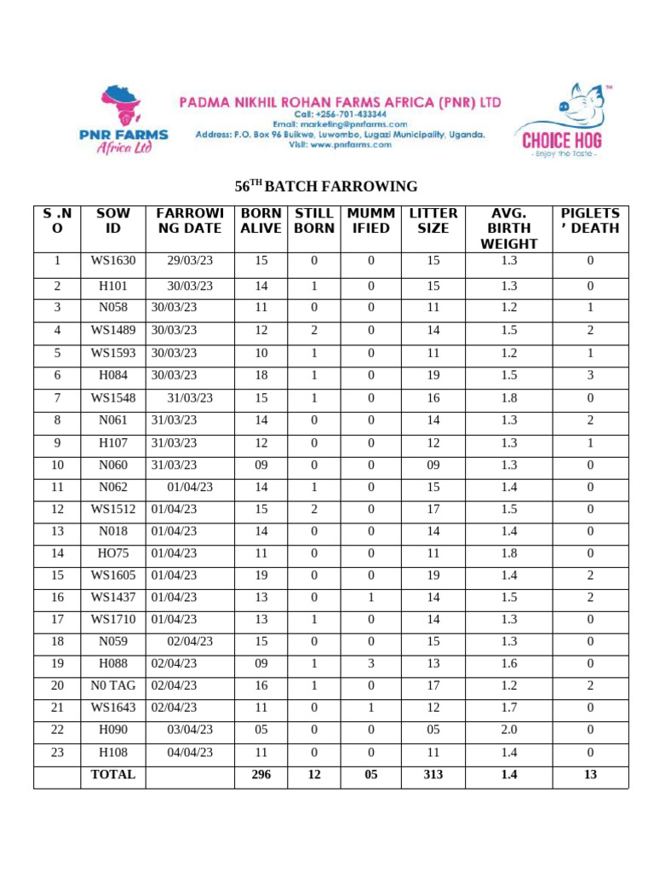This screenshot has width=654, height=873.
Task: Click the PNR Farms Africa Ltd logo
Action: click(123, 119)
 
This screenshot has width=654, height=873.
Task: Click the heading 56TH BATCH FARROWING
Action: click(326, 187)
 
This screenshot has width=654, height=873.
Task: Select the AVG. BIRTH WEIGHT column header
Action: click(509, 228)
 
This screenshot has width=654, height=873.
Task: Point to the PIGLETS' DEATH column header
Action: click(590, 221)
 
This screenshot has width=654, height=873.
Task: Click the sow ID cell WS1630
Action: click(113, 261)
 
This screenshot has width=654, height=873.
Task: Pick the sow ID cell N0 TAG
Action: click(113, 685)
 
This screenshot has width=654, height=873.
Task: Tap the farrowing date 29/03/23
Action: click(190, 261)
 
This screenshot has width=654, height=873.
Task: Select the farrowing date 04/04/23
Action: click(190, 752)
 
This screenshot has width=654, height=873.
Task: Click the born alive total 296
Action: click(261, 774)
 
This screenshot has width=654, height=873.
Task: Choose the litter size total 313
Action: click(433, 774)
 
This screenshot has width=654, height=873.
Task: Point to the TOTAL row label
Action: click(113, 774)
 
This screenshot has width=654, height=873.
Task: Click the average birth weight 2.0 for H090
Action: click(509, 730)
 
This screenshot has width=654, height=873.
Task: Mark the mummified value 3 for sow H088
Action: click(370, 662)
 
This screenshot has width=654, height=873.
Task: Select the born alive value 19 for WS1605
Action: click(261, 575)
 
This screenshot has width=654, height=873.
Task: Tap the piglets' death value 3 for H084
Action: click(590, 375)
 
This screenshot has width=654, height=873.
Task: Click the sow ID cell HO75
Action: click(113, 552)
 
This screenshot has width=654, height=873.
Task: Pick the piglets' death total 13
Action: click(590, 774)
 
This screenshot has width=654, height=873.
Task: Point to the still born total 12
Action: click(314, 774)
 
